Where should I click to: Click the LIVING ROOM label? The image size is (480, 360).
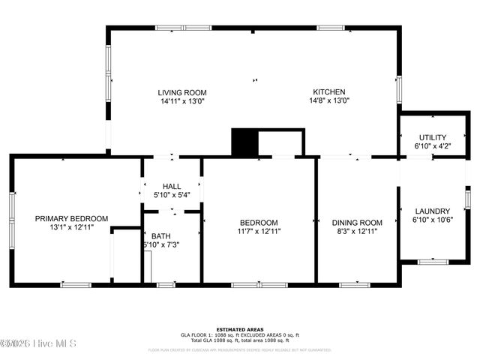pos(181,92)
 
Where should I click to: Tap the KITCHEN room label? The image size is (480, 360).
pos(331,92)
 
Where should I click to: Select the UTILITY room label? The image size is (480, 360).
pos(432,137)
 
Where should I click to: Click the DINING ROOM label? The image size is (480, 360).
pos(357,223)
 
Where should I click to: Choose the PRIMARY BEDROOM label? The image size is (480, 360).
pos(71,219)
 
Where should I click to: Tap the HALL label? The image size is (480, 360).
pos(172,187)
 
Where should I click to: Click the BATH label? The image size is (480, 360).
pos(161,236)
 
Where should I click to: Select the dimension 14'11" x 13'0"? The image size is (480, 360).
pos(181,100)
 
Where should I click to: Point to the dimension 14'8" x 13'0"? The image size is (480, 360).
pos(331,100)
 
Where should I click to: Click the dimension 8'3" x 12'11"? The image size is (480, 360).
pos(357,232)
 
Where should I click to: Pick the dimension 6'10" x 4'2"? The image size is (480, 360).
pos(432,146)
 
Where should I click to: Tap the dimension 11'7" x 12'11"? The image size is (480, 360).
pos(259,232)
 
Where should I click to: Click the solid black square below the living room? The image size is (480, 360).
pos(244,142)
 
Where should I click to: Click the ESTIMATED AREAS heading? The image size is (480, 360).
pos(240,329)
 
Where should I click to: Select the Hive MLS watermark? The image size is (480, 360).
pos(30,343)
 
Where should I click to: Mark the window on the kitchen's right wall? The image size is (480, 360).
pos(398,88)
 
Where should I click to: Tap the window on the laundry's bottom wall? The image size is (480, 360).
pos(432,262)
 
